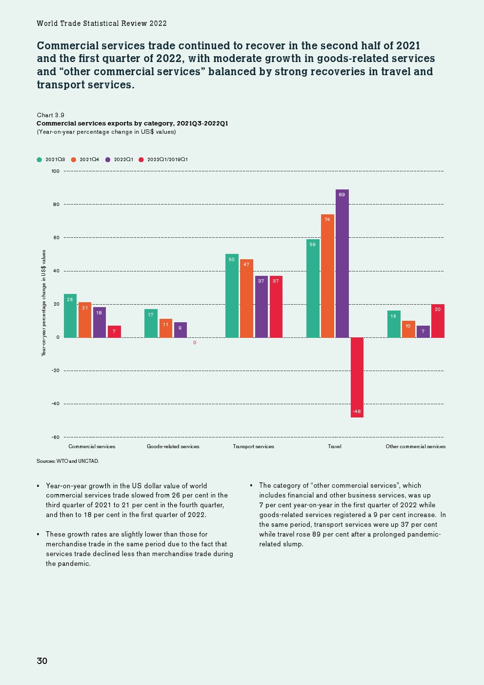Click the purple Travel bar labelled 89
pyautogui.click(x=342, y=264)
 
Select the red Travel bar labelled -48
pyautogui.click(x=357, y=377)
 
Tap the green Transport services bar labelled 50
pyautogui.click(x=232, y=296)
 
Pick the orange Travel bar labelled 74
pyautogui.click(x=327, y=276)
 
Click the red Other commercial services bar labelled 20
pyautogui.click(x=438, y=321)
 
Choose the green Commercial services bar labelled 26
pyautogui.click(x=70, y=316)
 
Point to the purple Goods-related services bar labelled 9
pyautogui.click(x=180, y=330)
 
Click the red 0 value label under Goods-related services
pyautogui.click(x=195, y=343)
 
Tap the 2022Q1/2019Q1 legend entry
pyautogui.click(x=163, y=160)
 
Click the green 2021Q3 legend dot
pyautogui.click(x=40, y=160)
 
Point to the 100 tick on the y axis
pyautogui.click(x=55, y=171)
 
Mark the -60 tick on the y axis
pyautogui.click(x=55, y=437)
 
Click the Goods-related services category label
pyautogui.click(x=173, y=446)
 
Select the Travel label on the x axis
pyautogui.click(x=335, y=446)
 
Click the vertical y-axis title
pyautogui.click(x=44, y=303)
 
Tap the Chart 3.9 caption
pyautogui.click(x=51, y=115)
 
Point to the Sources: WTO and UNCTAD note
pyautogui.click(x=68, y=461)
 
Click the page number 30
pyautogui.click(x=42, y=661)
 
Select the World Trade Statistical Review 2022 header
pyautogui.click(x=101, y=23)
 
